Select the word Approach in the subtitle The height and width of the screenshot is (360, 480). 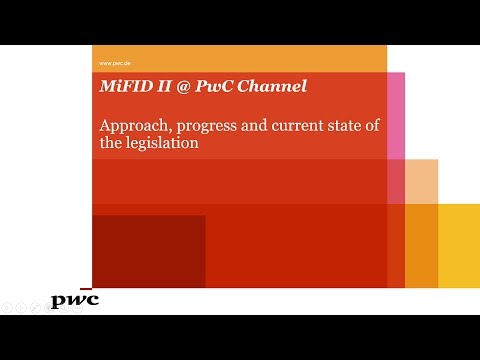pyautogui.click(x=134, y=127)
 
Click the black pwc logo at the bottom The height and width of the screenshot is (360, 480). pyautogui.click(x=75, y=300)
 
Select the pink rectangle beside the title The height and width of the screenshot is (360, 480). pyautogui.click(x=396, y=115)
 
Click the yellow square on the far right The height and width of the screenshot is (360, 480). pyautogui.click(x=460, y=245)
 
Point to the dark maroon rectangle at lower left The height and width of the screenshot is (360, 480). pyautogui.click(x=148, y=251)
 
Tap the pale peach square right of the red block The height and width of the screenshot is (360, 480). pyautogui.click(x=421, y=181)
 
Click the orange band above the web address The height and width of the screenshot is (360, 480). pyautogui.click(x=239, y=52)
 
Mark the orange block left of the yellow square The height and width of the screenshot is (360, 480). pyautogui.click(x=421, y=245)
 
